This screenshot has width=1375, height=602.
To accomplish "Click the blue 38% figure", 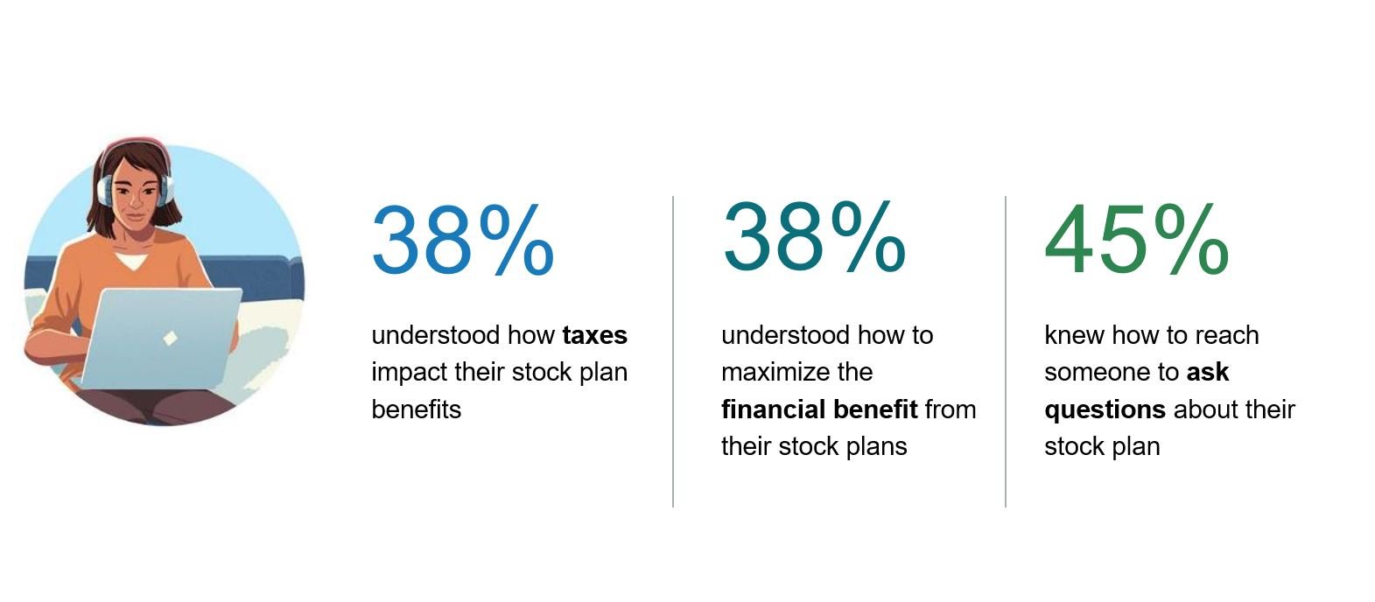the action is pos(463,241).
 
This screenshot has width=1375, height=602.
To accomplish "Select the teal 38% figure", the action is pos(814,237).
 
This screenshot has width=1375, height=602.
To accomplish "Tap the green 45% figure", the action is pos(1137,240).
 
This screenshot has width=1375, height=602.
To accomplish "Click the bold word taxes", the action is pos(595,336).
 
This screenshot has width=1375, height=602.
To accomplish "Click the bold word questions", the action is pos(1105,410).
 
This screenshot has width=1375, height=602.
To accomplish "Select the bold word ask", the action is pos(1208,372).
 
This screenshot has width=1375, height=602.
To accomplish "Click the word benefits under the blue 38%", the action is pos(417,409).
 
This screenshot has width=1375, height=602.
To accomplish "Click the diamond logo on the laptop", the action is pos(170,338).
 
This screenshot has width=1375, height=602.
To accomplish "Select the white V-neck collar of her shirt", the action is pos(131,261).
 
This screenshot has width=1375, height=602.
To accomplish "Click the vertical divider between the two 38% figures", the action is pos(673,352).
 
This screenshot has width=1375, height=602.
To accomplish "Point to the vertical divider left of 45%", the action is pos(1006,352).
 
